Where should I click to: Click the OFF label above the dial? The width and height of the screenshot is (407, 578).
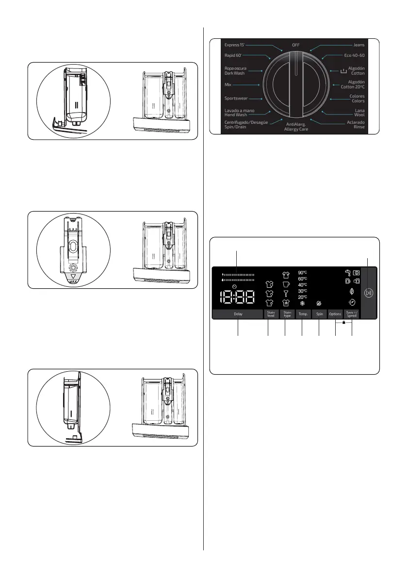296,45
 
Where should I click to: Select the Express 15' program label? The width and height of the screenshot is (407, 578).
234,45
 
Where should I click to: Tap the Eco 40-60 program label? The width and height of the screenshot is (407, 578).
354,55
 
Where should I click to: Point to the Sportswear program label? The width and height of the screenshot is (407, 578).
236,99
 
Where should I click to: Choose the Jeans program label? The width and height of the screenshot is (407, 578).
359,45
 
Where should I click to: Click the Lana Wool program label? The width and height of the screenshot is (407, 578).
359,113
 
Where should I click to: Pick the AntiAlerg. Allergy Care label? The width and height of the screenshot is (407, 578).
296,127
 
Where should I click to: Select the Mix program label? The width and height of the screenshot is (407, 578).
228,85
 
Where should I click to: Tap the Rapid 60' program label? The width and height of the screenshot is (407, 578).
233,55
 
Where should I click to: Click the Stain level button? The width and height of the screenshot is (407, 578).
271,314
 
